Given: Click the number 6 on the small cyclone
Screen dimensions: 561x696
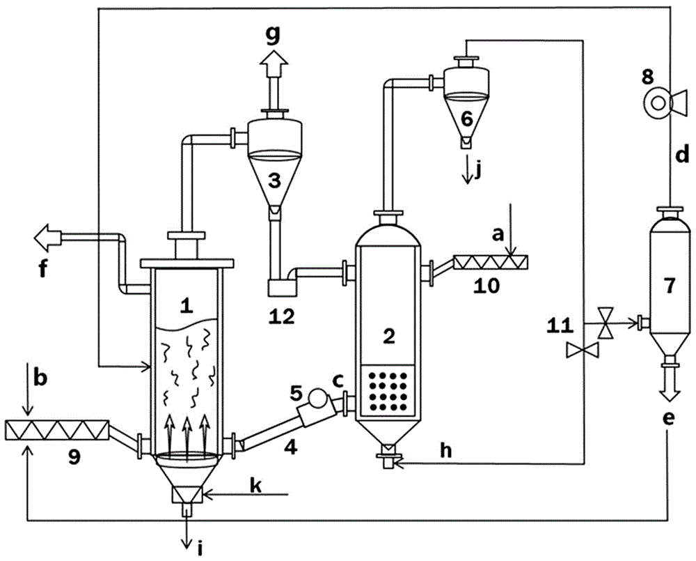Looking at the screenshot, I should [466, 117].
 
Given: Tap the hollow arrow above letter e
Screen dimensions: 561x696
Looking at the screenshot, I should [670, 390].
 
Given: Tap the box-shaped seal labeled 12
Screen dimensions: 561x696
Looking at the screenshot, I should [282, 286].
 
